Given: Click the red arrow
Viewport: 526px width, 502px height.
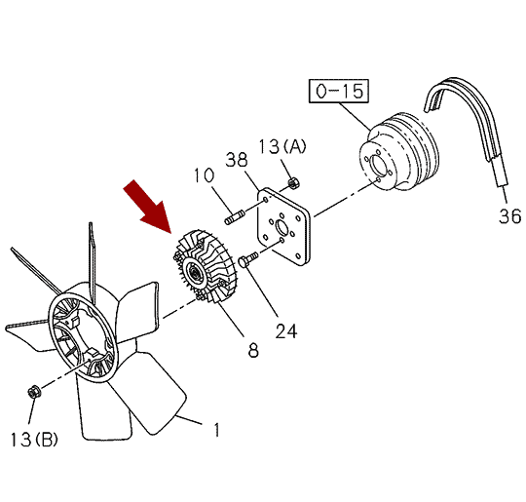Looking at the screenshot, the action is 149,207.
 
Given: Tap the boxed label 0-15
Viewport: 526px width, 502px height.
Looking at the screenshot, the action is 339,91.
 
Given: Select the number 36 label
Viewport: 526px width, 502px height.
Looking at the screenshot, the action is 509,216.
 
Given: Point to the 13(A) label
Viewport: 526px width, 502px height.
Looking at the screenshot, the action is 282,146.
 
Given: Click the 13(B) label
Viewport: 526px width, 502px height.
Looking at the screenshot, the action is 34,440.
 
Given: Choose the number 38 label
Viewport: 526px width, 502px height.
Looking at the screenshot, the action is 237,160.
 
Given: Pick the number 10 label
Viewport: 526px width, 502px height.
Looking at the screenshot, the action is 204,175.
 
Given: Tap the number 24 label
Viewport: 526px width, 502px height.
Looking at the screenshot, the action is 286,331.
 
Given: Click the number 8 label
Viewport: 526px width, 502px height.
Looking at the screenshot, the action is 253,350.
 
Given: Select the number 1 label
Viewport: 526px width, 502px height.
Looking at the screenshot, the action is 217,430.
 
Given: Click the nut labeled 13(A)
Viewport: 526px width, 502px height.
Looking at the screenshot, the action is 294,183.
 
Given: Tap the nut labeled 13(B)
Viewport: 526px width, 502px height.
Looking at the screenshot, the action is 34,392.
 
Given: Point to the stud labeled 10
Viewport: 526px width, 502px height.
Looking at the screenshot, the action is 235,217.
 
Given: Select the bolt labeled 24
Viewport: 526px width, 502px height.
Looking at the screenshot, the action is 247,259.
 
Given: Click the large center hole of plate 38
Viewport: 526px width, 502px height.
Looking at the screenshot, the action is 282,228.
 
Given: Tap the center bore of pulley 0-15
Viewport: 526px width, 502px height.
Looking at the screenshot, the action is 377,165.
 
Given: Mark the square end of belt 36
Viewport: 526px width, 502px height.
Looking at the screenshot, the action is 502,184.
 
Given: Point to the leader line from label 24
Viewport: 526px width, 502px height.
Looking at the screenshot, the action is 262,290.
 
